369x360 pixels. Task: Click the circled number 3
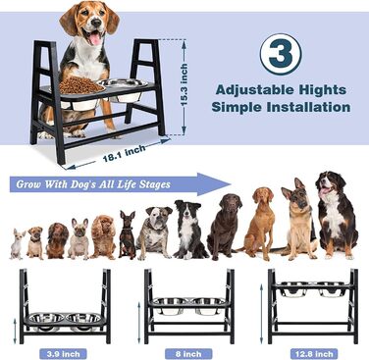(281, 55)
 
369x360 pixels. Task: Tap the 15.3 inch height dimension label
(184, 84)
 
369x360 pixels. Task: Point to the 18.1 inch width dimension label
(125, 154)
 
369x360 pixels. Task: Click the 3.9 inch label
(63, 353)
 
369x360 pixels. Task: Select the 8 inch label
(188, 353)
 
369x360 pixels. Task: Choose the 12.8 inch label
(314, 353)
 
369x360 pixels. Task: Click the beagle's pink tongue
(95, 38)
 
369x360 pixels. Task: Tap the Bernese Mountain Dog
(337, 215)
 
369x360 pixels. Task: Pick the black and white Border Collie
(188, 229)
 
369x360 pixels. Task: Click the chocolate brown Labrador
(226, 227)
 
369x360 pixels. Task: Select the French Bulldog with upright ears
(79, 238)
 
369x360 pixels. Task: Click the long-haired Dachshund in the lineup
(57, 240)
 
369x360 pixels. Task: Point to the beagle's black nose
(96, 23)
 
